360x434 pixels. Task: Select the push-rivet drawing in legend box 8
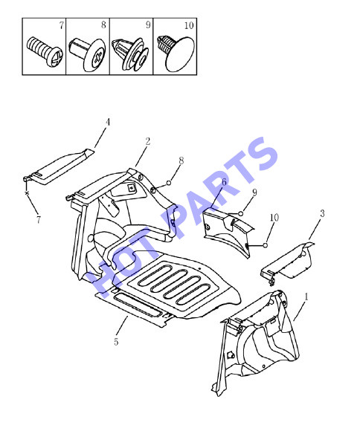[x=87, y=55]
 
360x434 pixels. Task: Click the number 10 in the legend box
[x=189, y=25]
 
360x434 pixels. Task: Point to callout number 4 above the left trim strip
[x=108, y=122]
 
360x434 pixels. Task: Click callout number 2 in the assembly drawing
[x=148, y=141]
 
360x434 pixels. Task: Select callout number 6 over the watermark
[x=224, y=182]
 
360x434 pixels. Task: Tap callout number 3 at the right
[x=322, y=213]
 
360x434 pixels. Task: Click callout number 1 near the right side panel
[x=306, y=297]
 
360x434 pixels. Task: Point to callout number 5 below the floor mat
[x=116, y=342]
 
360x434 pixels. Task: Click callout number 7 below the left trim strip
[x=38, y=220]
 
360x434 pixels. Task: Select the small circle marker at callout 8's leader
[x=168, y=183]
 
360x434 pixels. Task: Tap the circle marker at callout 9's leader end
[x=241, y=213]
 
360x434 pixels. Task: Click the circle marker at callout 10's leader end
[x=266, y=245]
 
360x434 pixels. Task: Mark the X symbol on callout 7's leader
[x=27, y=193]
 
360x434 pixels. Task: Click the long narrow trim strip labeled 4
[x=59, y=166]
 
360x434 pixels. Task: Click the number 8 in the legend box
[x=103, y=25]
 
